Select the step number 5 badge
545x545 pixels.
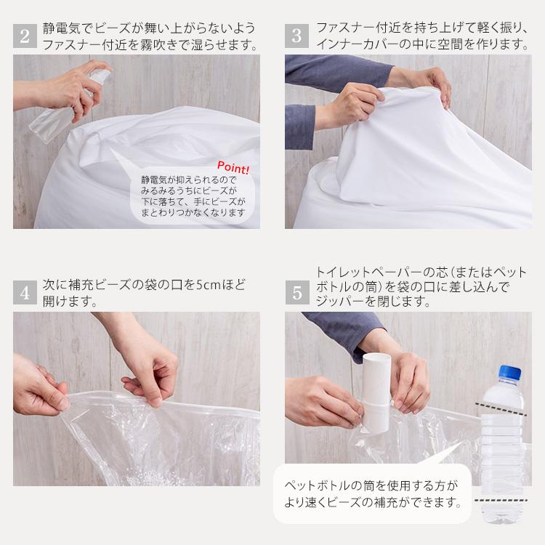click(296, 293)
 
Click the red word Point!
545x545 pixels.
click(233, 167)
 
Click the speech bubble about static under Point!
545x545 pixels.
click(191, 195)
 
